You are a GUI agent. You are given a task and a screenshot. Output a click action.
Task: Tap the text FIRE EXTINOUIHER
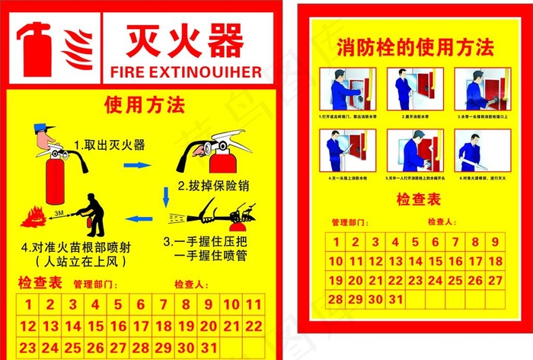186,72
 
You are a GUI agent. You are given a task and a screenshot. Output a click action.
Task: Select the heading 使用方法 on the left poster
145,104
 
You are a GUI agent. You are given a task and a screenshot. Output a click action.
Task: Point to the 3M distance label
59,216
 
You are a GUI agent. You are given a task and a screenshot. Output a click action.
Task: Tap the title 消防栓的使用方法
415,49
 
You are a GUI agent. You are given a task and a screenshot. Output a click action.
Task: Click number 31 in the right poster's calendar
394,299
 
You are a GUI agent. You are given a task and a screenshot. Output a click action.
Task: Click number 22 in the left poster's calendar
254,326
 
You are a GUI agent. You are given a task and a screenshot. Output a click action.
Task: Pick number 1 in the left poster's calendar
27,305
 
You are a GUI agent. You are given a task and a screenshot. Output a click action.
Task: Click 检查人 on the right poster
442,222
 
